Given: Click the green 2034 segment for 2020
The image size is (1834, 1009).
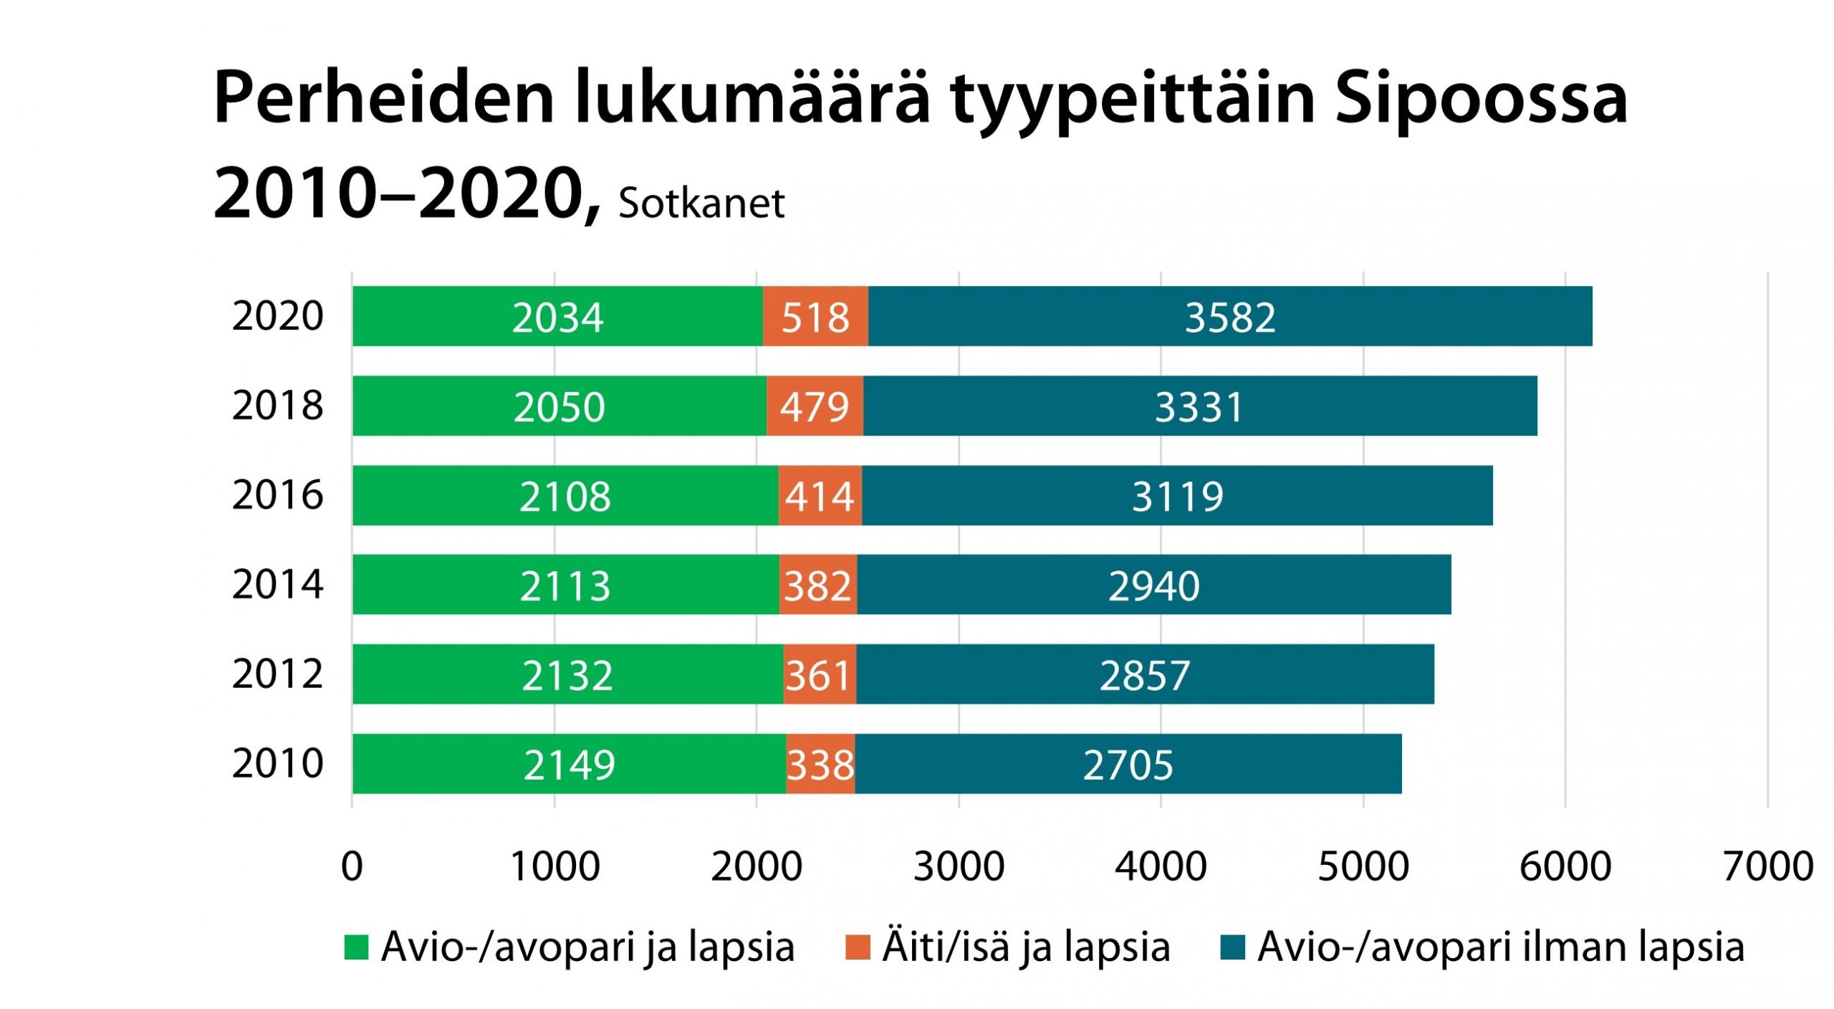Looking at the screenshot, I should coord(557,316).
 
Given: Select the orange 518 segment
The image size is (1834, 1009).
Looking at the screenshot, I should coord(815,316).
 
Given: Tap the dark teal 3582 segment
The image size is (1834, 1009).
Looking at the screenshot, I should coord(1229,316).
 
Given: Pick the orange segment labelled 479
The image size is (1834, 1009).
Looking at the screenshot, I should coord(815,406).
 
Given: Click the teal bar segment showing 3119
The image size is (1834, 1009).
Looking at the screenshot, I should coord(1177,495).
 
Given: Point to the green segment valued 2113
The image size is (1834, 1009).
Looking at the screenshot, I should coord(565,584).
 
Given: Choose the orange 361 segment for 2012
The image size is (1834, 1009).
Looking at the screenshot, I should coord(819,674).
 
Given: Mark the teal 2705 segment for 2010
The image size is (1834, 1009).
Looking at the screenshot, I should coord(1128,763).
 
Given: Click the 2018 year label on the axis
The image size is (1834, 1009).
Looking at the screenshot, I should coord(278,406).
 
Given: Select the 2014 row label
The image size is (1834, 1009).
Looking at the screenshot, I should coord(278,584).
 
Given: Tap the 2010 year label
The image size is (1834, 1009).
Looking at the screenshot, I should coord(278,763).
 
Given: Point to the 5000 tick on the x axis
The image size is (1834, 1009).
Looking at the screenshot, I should coord(1363,866).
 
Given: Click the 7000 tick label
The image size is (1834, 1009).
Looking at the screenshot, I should coord(1768,866).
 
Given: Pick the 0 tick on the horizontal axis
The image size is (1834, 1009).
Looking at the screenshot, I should coord(352,866).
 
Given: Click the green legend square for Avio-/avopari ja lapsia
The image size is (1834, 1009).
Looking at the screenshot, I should coord(356,947).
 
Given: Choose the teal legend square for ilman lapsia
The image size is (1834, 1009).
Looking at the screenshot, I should coord(1232,947).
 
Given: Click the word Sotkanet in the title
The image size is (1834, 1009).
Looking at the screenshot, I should coord(701,203).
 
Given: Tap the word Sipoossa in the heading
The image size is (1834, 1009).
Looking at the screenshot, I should coord(1481,99).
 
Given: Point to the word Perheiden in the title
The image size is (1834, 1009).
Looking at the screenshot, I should coord(384,99).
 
